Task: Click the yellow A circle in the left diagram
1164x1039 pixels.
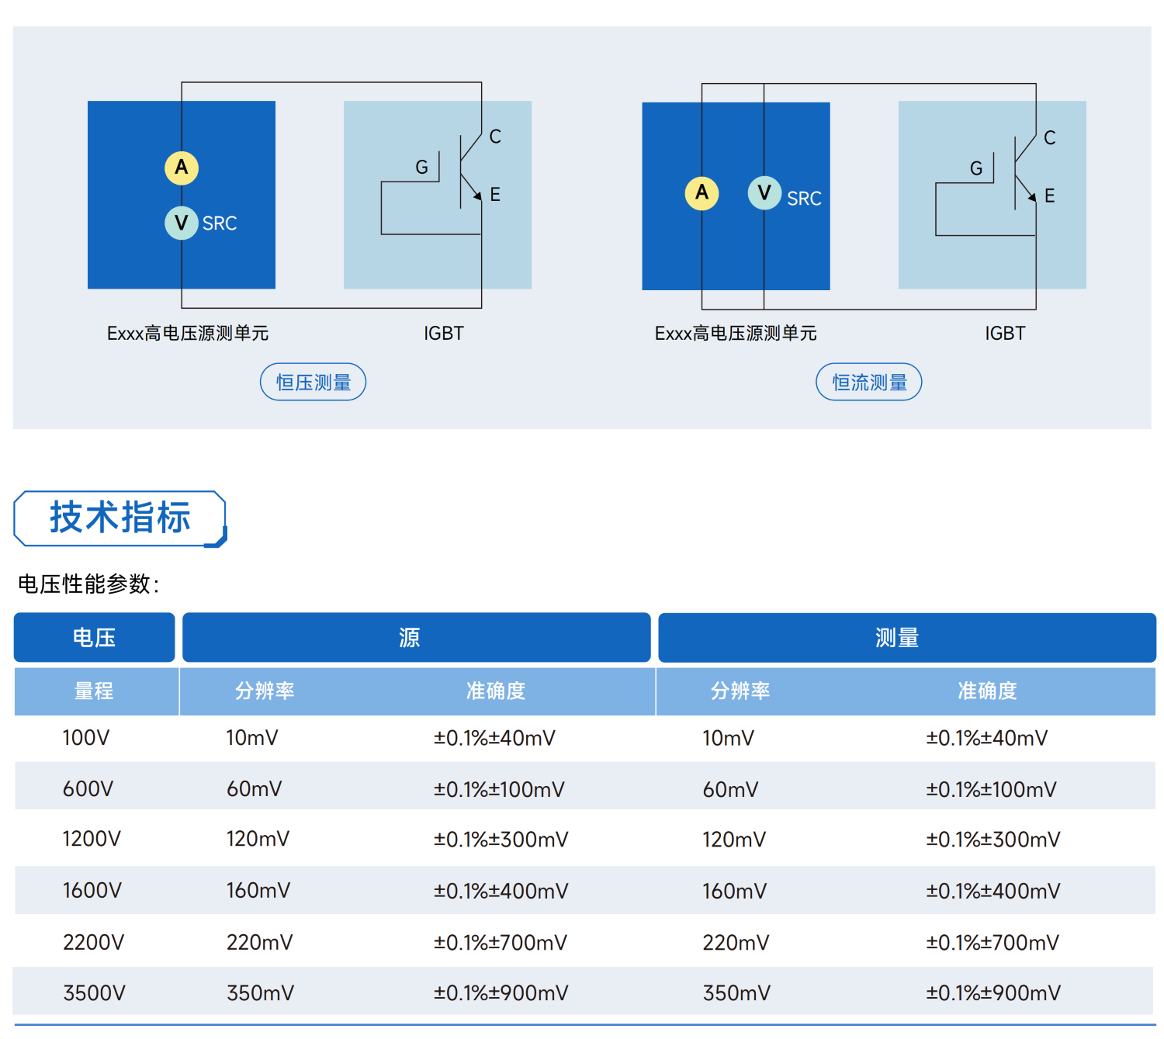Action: pos(182,168)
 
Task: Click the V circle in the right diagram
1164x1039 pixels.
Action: pos(764,192)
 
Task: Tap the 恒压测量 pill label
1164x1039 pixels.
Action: pos(314,382)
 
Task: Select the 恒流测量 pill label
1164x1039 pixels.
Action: pos(868,382)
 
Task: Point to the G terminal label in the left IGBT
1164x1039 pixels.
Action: pos(421,168)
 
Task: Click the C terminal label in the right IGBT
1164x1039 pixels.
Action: pos(1050,138)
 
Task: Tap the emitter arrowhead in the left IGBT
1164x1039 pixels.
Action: pos(477,196)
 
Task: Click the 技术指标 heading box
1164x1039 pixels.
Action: pos(120,518)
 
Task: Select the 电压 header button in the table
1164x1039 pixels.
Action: pos(94,637)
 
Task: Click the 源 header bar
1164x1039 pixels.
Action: pos(417,637)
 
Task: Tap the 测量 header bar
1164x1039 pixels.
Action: pos(907,638)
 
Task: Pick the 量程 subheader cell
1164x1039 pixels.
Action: pos(94,691)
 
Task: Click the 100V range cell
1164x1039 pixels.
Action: pos(86,738)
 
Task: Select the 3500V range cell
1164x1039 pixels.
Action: pos(94,993)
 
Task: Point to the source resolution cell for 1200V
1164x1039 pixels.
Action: pos(258,839)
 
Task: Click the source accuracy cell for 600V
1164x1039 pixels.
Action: pos(499,789)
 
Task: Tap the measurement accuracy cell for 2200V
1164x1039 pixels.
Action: pos(993,943)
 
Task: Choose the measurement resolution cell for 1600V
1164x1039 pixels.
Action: pos(734,891)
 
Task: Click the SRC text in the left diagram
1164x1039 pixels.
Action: pos(220,223)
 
